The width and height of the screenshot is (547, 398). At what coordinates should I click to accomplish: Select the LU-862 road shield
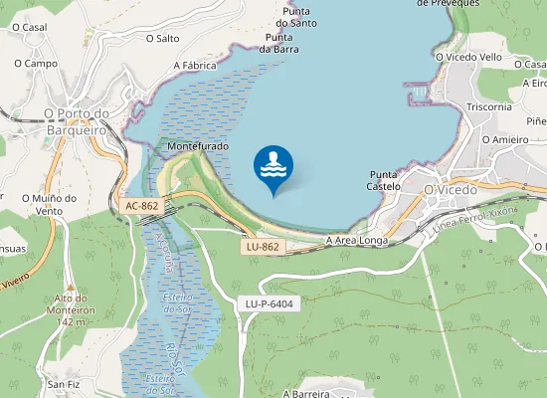(x=264, y=246)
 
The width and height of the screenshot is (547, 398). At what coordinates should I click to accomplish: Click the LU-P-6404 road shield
(x=269, y=302)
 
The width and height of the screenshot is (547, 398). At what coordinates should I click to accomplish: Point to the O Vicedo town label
(x=451, y=189)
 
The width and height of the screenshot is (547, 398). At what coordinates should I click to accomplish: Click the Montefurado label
(x=198, y=146)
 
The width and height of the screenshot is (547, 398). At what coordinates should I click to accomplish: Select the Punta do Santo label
(x=297, y=16)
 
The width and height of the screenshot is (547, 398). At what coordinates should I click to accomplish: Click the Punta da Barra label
(x=279, y=42)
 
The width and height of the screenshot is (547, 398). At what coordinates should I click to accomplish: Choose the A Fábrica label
(x=195, y=66)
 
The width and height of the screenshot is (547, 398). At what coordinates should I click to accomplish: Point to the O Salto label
(x=162, y=39)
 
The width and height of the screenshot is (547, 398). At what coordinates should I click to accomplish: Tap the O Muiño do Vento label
(x=49, y=204)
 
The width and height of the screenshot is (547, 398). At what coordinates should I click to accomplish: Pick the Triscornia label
(x=488, y=107)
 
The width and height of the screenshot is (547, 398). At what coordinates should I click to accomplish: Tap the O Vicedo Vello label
(x=468, y=57)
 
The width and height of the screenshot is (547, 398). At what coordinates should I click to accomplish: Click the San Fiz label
(x=63, y=384)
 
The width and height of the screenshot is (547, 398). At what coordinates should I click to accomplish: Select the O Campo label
(x=35, y=63)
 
